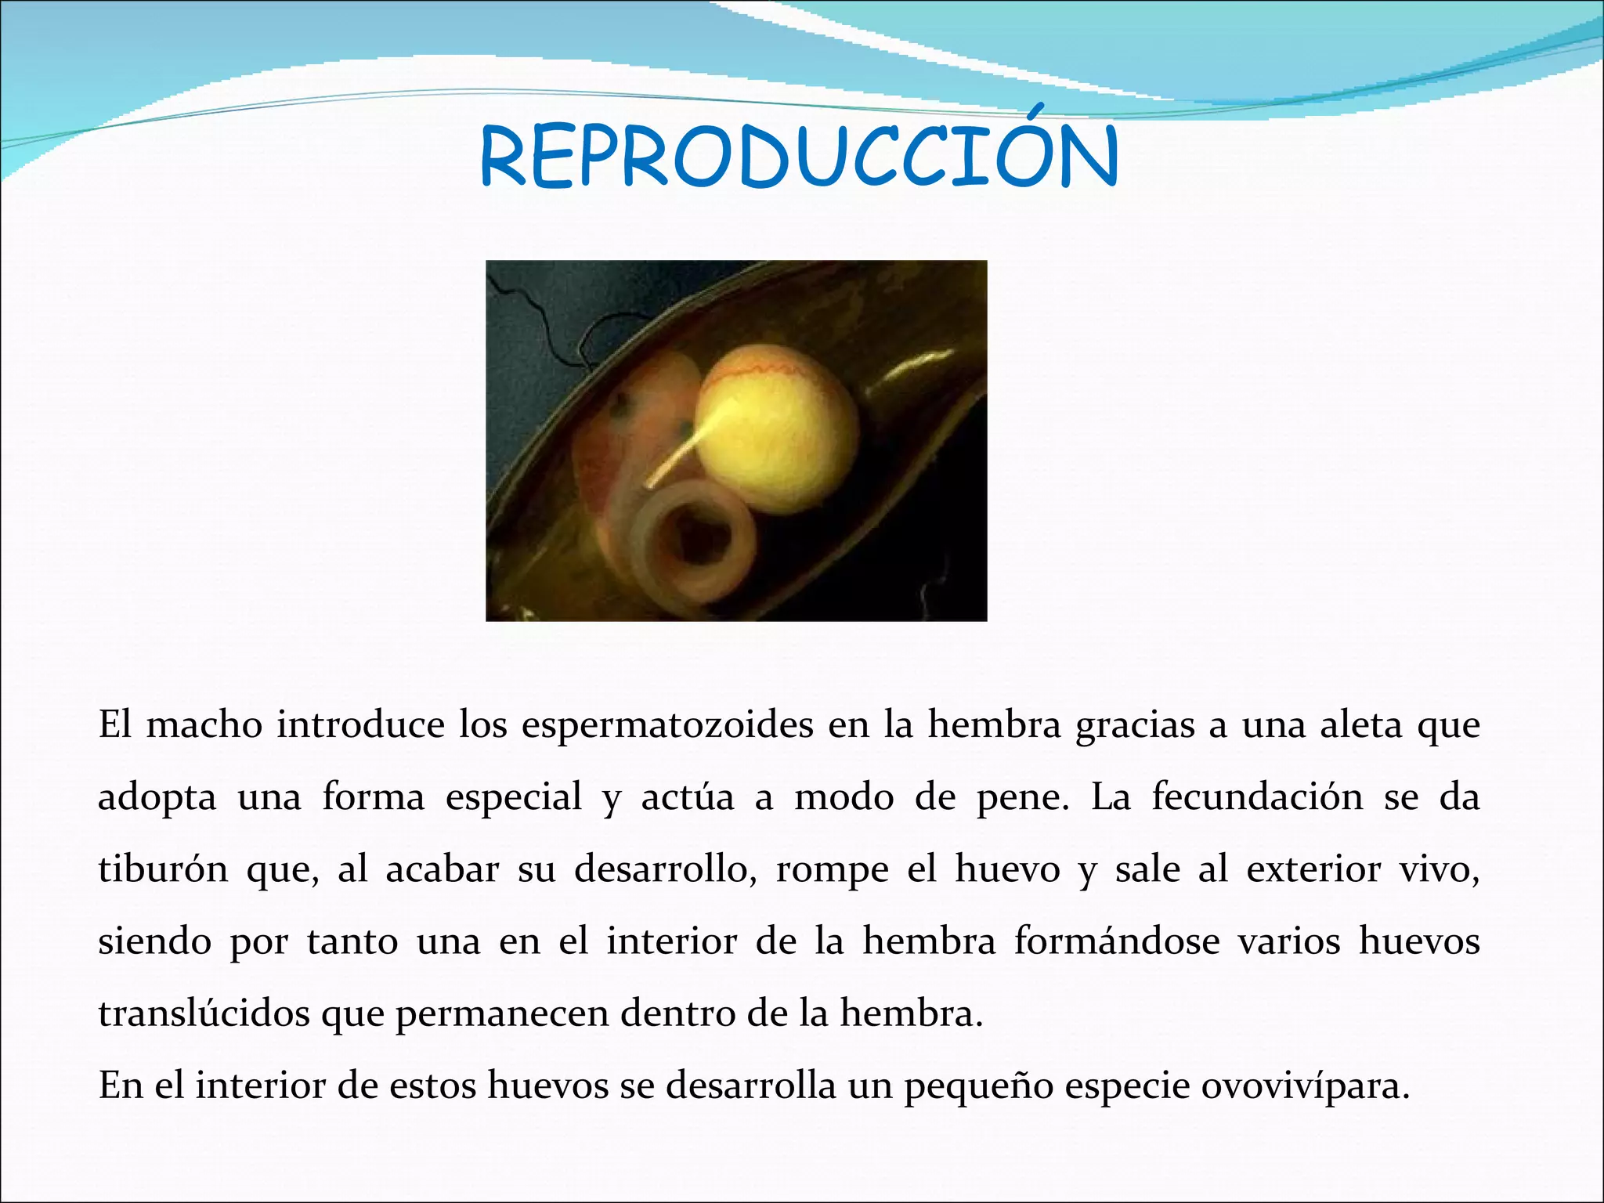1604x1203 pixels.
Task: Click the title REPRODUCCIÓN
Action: (800, 157)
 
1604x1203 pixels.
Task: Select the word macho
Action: (204, 725)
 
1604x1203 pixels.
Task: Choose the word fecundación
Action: (1257, 797)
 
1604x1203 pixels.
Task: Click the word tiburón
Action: (163, 869)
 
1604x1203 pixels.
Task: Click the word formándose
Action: (1117, 941)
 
